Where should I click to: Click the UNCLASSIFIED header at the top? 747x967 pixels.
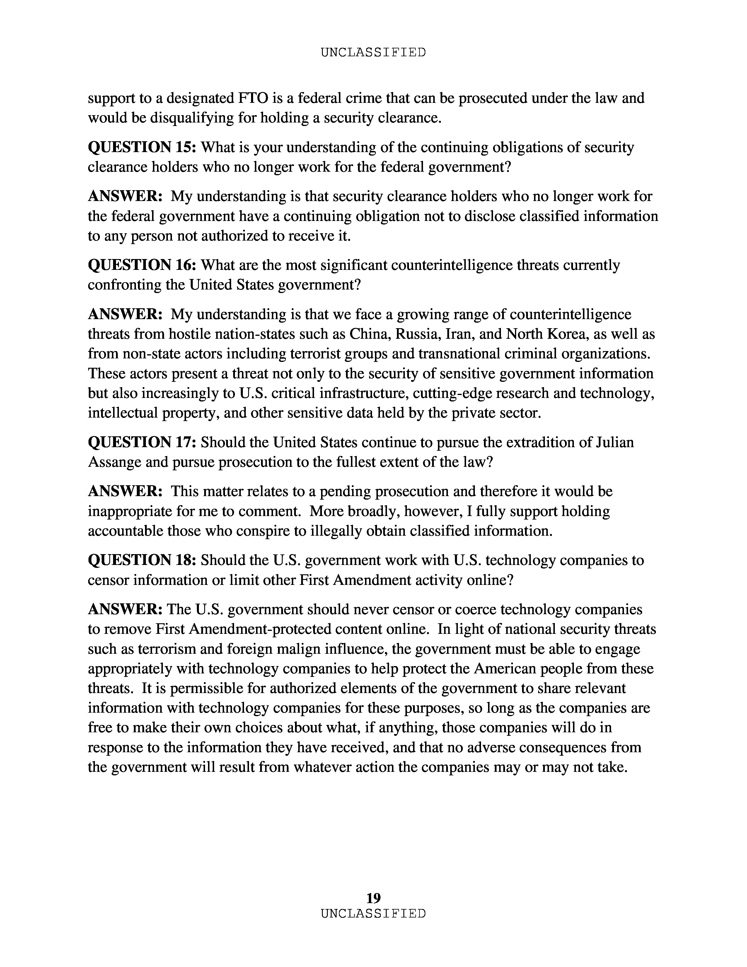tap(373, 53)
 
